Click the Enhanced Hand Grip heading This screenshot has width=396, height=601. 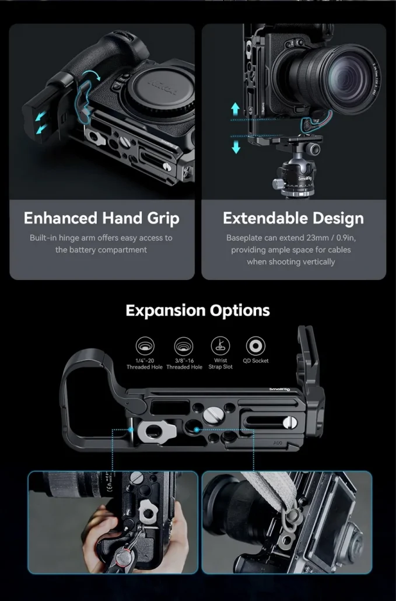[101, 218]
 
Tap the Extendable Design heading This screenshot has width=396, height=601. [293, 218]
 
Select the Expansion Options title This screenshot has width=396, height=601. [198, 310]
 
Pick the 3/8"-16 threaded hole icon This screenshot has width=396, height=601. [184, 345]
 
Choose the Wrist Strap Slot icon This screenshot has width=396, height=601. [220, 345]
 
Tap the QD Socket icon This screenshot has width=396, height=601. [255, 345]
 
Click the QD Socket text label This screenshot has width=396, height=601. [255, 361]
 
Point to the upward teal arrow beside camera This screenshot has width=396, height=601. [236, 109]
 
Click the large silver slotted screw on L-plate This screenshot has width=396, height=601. [212, 414]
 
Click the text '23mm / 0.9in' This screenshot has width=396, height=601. [327, 238]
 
